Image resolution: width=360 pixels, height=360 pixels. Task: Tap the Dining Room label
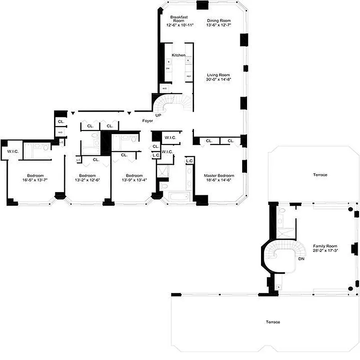(x=219, y=20)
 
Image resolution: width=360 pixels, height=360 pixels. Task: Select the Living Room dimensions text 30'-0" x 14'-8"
(x=219, y=80)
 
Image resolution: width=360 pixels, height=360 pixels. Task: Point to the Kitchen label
(x=179, y=55)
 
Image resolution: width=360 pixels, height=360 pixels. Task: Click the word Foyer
(x=148, y=121)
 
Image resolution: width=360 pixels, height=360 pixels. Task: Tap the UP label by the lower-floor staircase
(x=157, y=116)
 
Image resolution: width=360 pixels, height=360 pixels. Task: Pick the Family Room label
(x=325, y=246)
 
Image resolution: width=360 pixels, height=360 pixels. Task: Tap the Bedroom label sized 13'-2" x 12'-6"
(x=88, y=175)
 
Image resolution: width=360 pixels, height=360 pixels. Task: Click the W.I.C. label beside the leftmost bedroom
(x=12, y=152)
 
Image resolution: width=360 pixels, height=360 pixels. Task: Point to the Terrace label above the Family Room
(x=320, y=175)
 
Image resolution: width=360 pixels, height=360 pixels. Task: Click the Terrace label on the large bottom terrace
(x=273, y=322)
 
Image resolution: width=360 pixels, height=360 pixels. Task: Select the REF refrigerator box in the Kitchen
(x=189, y=76)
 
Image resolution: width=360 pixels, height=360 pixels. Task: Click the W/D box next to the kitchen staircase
(x=165, y=89)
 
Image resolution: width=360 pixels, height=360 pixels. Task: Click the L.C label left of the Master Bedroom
(x=189, y=161)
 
